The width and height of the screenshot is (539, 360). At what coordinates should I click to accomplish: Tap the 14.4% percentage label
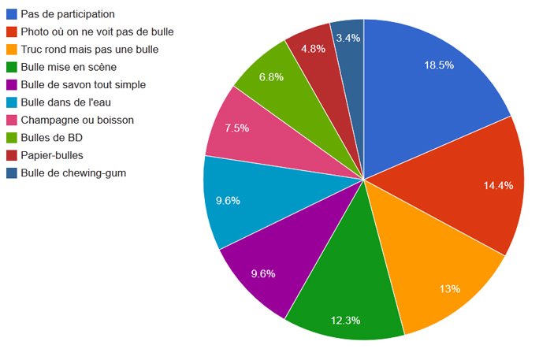tap(498, 186)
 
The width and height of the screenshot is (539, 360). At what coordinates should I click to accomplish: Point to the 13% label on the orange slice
tap(450, 288)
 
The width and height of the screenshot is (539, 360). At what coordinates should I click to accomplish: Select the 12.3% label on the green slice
tap(346, 320)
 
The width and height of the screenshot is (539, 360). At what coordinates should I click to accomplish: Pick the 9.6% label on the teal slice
tap(228, 200)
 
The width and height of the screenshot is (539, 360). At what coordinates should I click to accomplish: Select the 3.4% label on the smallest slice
tap(348, 37)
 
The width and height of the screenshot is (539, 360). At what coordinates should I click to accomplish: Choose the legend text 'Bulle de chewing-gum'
tap(73, 173)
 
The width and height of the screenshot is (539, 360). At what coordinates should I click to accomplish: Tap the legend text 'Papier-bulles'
tap(52, 155)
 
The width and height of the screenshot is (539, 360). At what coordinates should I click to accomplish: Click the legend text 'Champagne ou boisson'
tap(77, 120)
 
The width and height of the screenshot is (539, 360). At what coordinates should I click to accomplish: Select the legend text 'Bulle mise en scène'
tap(69, 67)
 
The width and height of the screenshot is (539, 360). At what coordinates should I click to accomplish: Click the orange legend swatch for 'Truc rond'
tap(12, 50)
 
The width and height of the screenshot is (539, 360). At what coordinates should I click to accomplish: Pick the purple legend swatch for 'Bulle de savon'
tap(12, 84)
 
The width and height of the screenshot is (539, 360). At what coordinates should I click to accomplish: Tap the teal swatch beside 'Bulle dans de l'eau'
tap(12, 102)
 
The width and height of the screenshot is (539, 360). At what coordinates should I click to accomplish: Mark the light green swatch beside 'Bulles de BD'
tap(12, 137)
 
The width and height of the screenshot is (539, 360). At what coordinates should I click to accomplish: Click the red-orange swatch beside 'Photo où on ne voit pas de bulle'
tap(12, 32)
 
